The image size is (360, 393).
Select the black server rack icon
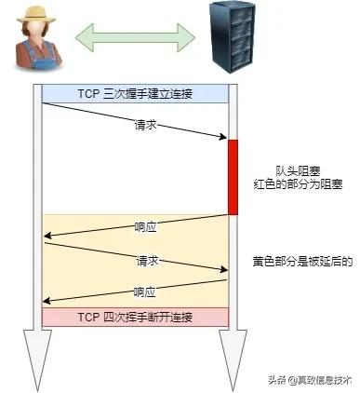[231, 38]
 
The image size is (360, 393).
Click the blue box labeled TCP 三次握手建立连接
[136, 93]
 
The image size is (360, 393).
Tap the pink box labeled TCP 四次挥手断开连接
[136, 317]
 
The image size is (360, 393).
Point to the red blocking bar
[233, 176]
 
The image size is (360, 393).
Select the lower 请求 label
[147, 261]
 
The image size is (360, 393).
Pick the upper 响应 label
[146, 226]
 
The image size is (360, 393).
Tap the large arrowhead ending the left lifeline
[37, 368]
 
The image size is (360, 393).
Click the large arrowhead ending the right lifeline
[233, 368]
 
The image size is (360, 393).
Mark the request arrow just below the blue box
[136, 120]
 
